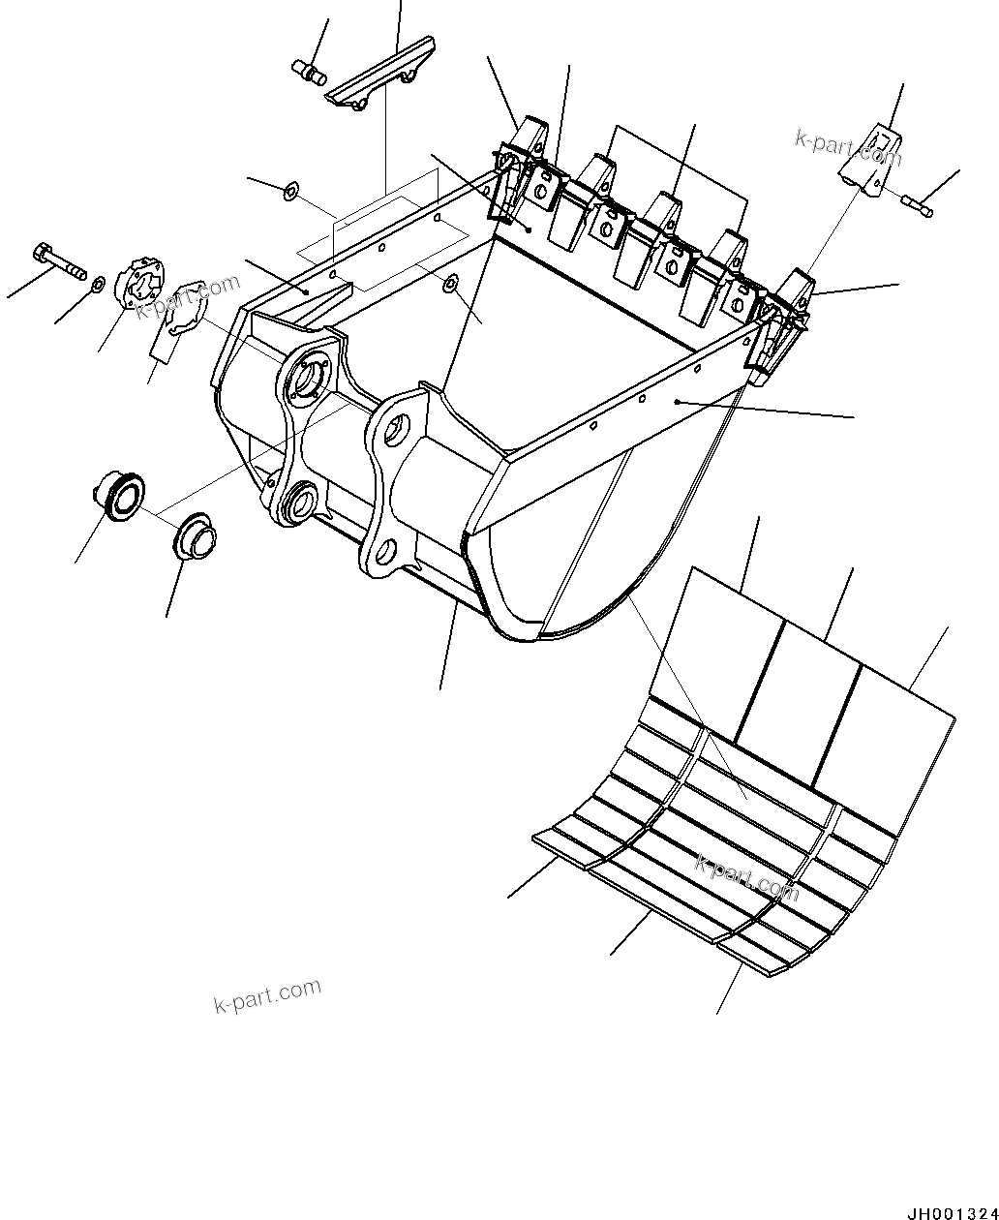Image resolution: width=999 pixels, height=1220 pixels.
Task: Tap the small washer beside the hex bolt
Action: coord(98,284)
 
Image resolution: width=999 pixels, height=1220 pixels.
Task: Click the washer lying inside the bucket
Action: coord(450,283)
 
